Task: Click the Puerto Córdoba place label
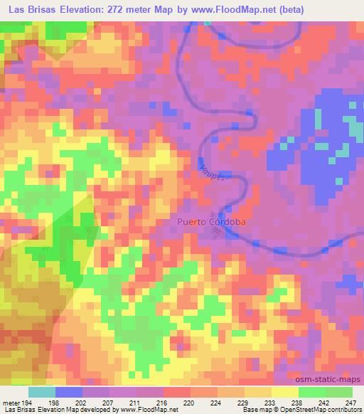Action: (211, 221)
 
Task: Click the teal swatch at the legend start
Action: (43, 392)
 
